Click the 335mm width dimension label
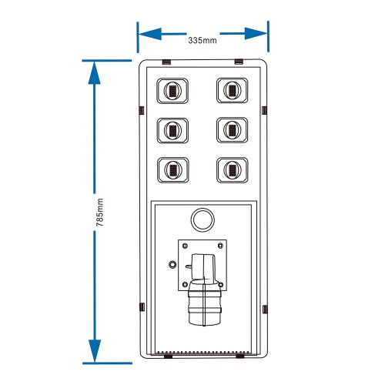point(203,40)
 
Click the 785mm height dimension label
point(99,213)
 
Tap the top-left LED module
point(172,91)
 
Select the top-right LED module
point(233,90)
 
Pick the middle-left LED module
point(172,130)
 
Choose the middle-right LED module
point(233,130)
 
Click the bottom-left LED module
point(173,170)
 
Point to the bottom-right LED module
point(233,170)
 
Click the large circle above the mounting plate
point(203,209)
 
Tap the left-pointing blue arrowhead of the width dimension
point(150,34)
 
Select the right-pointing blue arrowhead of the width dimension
point(256,34)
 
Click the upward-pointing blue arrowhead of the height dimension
point(94,73)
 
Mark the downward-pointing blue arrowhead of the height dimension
point(95,351)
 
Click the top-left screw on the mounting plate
point(185,246)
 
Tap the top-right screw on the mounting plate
point(220,246)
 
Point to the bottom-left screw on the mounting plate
point(185,284)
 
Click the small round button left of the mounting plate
point(172,264)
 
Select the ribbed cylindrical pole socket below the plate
point(204,304)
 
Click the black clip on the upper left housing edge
point(142,110)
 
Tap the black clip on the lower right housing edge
point(265,310)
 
